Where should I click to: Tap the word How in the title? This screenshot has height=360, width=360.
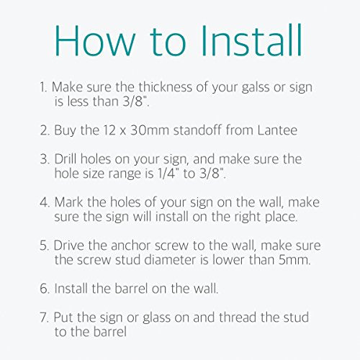pos(95,40)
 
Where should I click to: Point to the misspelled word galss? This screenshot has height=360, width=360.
pos(256,87)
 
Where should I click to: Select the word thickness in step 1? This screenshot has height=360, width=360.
pos(166,86)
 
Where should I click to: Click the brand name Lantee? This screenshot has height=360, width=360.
pos(277,130)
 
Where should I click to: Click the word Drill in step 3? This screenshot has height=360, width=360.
pos(66,159)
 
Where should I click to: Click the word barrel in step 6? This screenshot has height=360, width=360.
pos(131,288)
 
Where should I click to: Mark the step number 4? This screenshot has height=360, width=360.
pos(45,202)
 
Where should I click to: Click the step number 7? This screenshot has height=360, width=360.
pos(45,318)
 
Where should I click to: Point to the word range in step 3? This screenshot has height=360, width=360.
pos(126,174)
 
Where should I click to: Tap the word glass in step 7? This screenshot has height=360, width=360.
pos(157,318)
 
